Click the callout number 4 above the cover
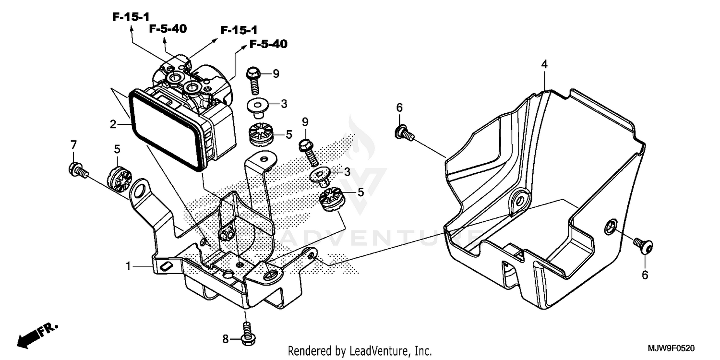pos(544,64)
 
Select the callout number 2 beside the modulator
pos(113,125)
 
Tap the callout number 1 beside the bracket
pos(128,265)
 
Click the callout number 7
pos(73,144)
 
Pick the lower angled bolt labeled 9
pos(309,149)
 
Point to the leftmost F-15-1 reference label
pos(131,17)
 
